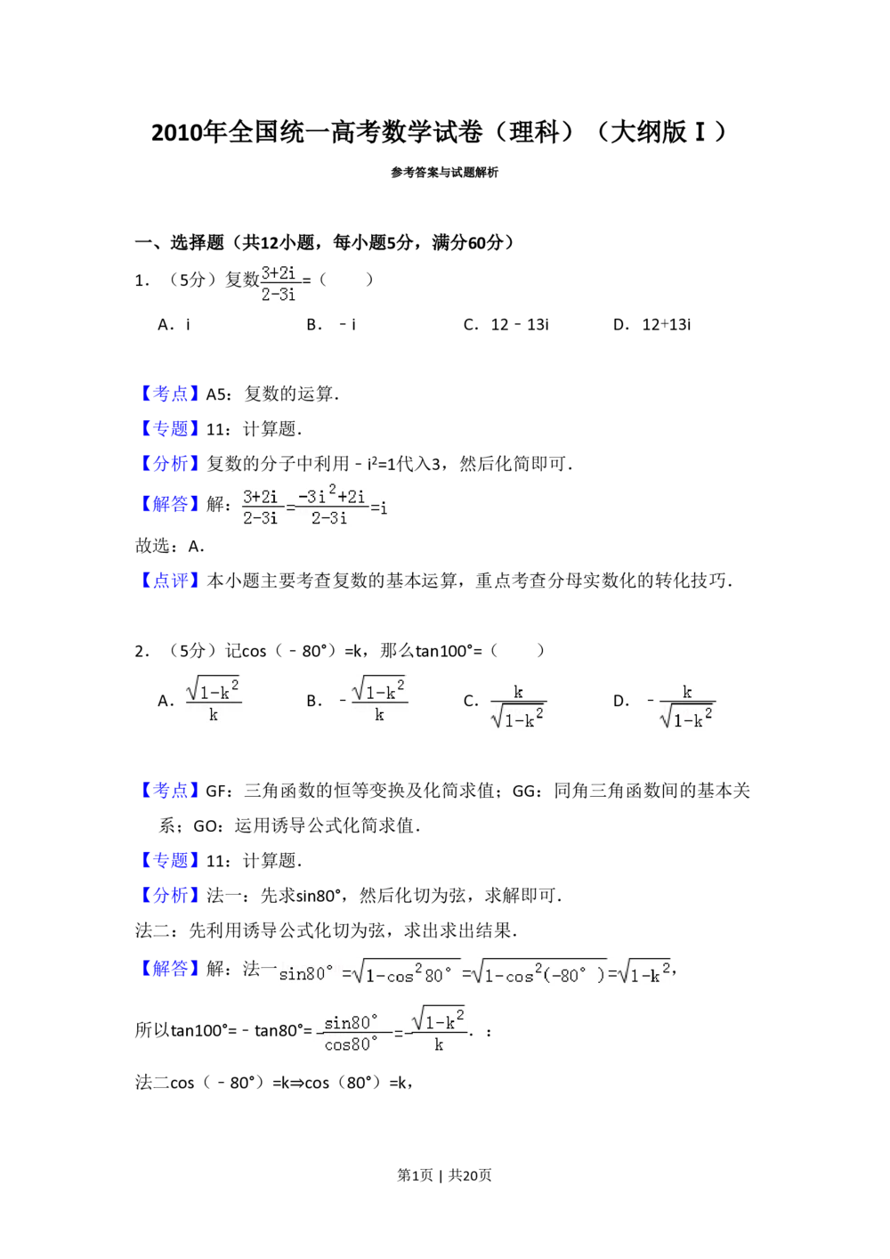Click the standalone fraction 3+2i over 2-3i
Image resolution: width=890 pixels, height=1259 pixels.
[x=280, y=281]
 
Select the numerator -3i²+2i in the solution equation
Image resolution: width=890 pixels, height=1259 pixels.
[x=332, y=495]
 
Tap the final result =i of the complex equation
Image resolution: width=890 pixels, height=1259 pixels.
[x=380, y=508]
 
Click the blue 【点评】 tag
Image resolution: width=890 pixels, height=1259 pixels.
[x=170, y=581]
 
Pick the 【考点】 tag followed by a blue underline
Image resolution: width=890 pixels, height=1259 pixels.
[x=170, y=789]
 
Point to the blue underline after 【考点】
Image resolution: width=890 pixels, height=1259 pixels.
[x=226, y=801]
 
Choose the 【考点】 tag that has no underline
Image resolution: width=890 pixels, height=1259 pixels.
[x=170, y=394]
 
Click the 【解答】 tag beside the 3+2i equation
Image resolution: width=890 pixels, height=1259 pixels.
[x=170, y=504]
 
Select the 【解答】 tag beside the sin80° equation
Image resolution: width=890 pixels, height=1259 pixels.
[x=170, y=969]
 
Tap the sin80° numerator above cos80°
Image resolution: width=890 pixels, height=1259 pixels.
[x=352, y=1022]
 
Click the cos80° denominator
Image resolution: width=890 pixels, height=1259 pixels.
[x=352, y=1044]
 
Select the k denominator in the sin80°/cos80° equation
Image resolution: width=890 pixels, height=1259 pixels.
[x=439, y=1045]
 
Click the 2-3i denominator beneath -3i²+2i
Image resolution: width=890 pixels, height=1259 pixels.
[x=329, y=518]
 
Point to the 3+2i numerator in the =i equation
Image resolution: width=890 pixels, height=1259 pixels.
[x=261, y=496]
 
